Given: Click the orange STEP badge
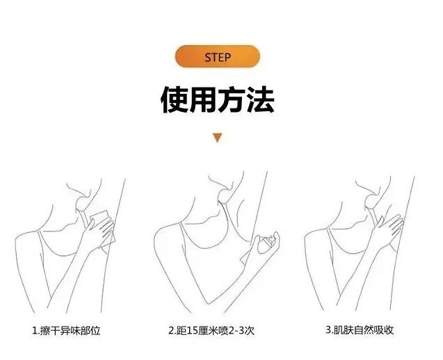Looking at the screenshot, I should click(218, 56).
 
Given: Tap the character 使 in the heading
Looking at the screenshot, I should click(175, 100).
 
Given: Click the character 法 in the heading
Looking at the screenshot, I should click(261, 100).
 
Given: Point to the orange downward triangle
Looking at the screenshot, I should click(217, 138).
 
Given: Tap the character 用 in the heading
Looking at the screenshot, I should click(203, 100).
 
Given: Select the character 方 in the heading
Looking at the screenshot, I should click(232, 100).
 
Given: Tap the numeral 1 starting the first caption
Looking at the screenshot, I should click(35, 330).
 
